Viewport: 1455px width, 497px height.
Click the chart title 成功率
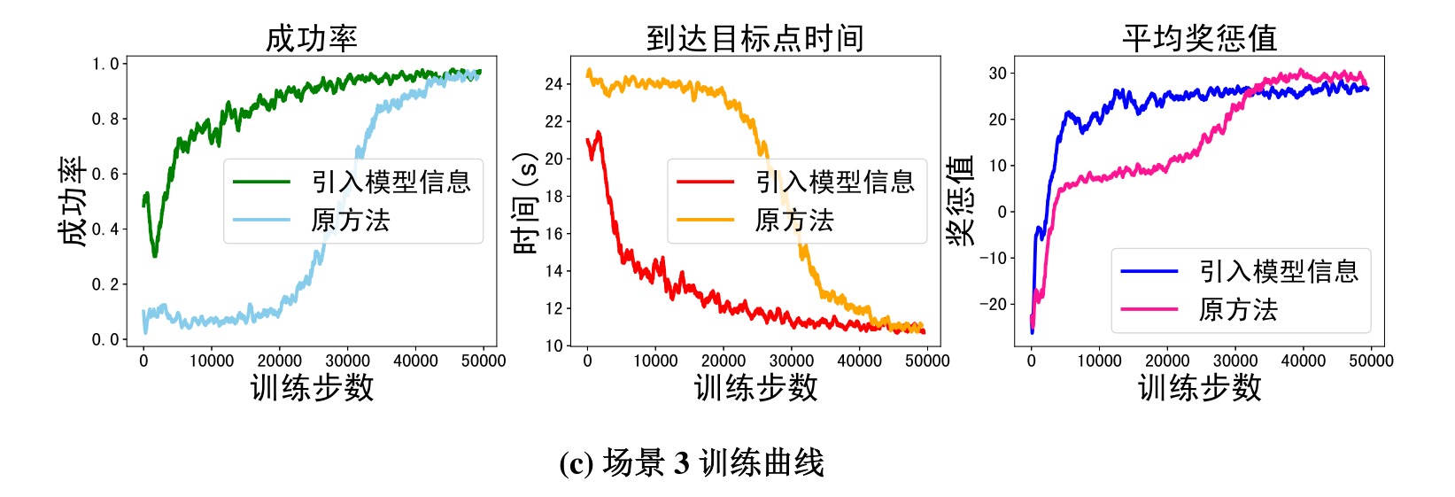(312, 38)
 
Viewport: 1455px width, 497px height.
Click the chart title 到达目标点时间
(755, 38)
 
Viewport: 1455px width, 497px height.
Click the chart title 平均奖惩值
(1199, 38)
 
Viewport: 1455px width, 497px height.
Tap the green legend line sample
(262, 182)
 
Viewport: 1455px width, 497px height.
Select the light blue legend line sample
(262, 220)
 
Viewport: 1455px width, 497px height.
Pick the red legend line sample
(706, 182)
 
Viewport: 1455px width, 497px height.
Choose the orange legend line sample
(706, 220)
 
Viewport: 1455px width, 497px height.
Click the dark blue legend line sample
(1149, 271)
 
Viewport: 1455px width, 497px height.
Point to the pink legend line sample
(1149, 309)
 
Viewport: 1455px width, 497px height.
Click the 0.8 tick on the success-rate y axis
(104, 119)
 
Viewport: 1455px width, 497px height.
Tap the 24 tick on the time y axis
(553, 84)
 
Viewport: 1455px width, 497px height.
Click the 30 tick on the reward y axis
(998, 74)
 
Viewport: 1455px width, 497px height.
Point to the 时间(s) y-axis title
(525, 203)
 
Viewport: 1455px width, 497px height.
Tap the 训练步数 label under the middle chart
(755, 387)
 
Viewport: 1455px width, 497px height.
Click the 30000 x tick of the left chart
(347, 361)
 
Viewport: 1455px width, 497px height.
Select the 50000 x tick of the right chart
(1371, 361)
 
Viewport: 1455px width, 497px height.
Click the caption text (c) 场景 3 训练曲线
(692, 462)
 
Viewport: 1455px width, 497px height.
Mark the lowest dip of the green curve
(155, 255)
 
